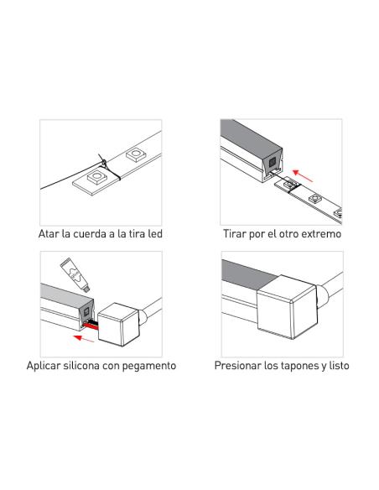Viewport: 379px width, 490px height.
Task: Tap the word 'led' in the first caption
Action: (x=155, y=234)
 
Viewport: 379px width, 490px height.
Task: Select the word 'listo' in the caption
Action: (x=339, y=365)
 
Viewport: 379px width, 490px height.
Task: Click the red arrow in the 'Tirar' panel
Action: (x=303, y=175)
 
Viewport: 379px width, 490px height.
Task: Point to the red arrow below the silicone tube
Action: (x=83, y=338)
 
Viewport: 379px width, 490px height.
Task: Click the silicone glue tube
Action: (x=75, y=275)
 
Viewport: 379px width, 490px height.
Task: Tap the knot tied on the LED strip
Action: (x=103, y=162)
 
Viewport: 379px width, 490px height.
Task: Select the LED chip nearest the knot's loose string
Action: (x=97, y=177)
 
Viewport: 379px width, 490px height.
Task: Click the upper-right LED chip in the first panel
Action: (x=136, y=154)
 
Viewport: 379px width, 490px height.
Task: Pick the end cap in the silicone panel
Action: (x=118, y=324)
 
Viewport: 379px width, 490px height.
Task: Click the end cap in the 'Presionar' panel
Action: (x=288, y=307)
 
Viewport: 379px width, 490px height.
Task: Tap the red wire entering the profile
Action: (x=91, y=326)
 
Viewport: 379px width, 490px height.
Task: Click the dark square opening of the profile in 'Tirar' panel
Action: (x=273, y=162)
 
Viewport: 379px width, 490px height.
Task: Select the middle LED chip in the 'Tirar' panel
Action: (x=315, y=198)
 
